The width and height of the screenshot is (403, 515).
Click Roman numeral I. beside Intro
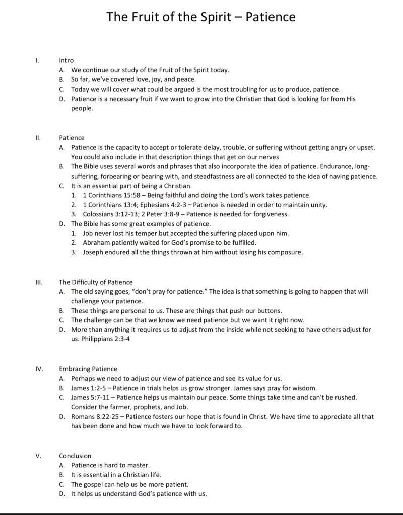tap(36, 60)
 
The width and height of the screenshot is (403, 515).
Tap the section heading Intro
tap(66, 60)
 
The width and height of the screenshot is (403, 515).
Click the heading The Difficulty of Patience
tap(96, 282)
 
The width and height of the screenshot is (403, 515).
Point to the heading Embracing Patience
tap(88, 369)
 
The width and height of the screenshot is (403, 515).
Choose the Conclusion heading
tap(75, 456)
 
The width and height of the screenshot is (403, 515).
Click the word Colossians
tap(99, 214)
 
